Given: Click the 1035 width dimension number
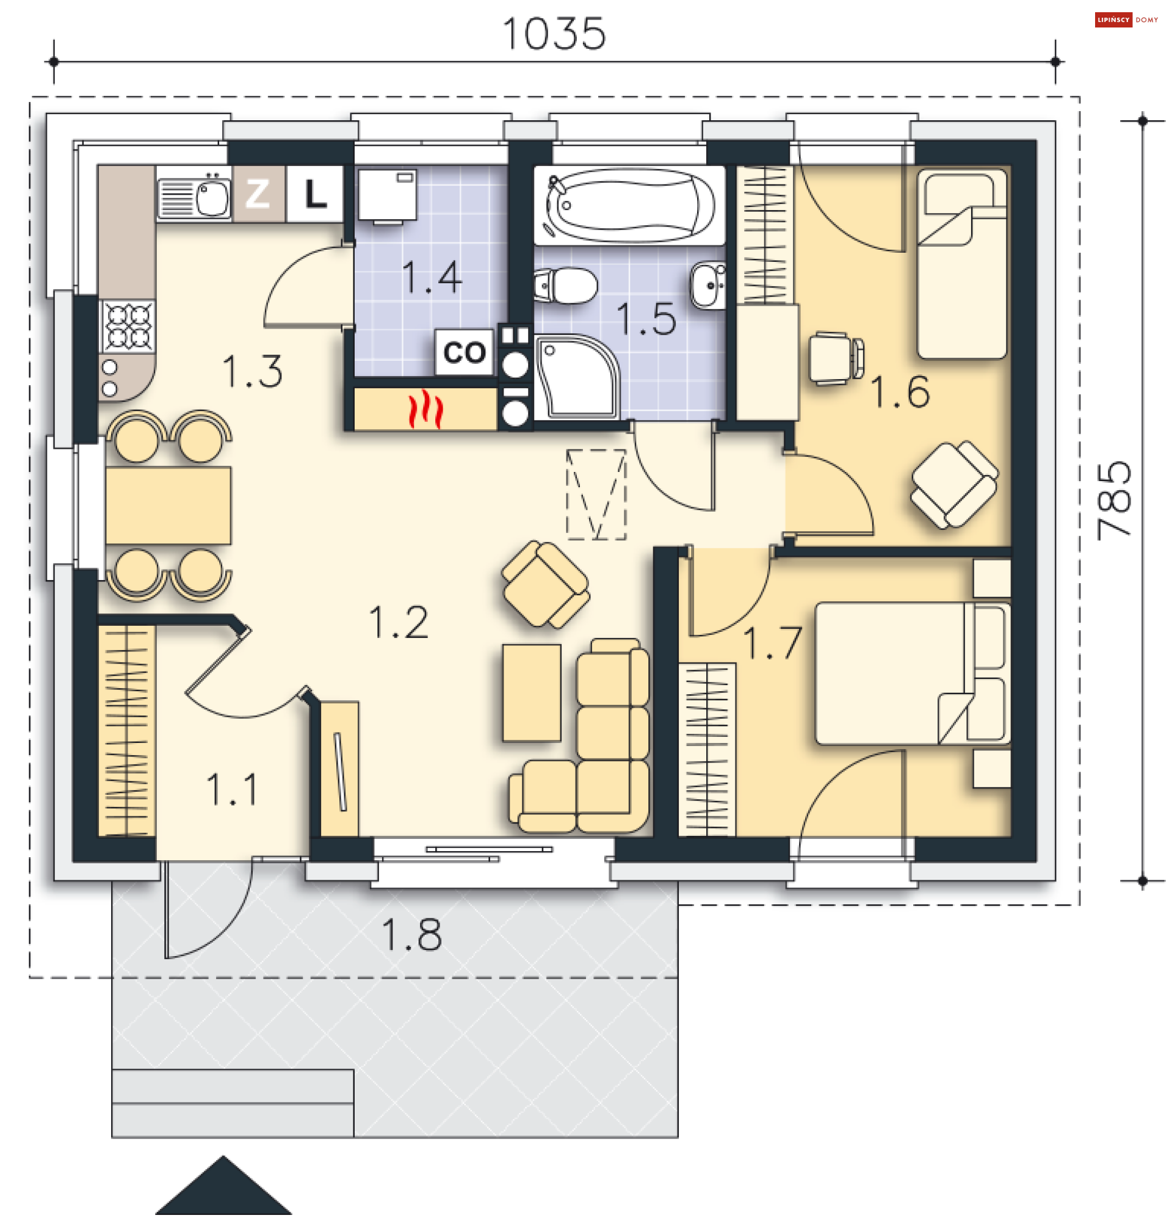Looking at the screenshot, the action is (x=554, y=34).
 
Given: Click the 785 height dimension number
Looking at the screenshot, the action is (x=1115, y=501).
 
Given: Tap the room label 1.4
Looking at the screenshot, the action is (x=433, y=277).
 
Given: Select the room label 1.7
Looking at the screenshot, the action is (x=772, y=642).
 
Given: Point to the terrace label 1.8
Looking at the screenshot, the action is (x=412, y=935).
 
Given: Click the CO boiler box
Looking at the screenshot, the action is (x=464, y=352).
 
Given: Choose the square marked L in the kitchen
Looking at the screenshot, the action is (x=314, y=194).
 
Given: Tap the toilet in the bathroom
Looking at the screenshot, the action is (x=565, y=286).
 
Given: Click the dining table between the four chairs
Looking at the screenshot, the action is (x=168, y=506).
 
